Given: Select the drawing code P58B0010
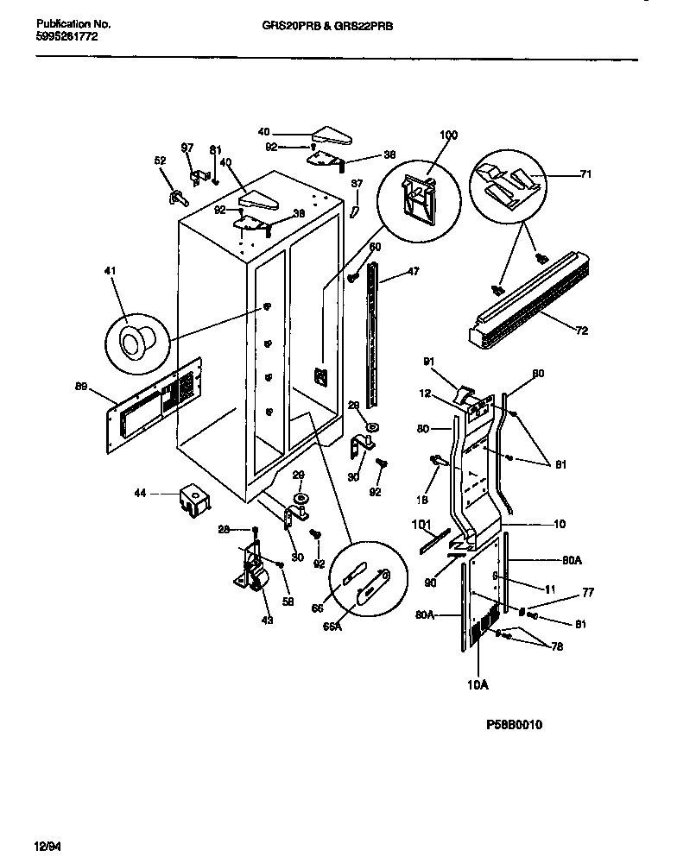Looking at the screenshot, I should [x=514, y=725].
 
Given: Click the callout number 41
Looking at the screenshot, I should [x=109, y=272].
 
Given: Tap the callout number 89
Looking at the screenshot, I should [x=82, y=387].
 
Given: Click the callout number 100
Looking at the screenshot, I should [x=449, y=135].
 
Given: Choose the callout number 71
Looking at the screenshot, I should [x=585, y=173].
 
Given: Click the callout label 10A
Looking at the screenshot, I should [x=478, y=685].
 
